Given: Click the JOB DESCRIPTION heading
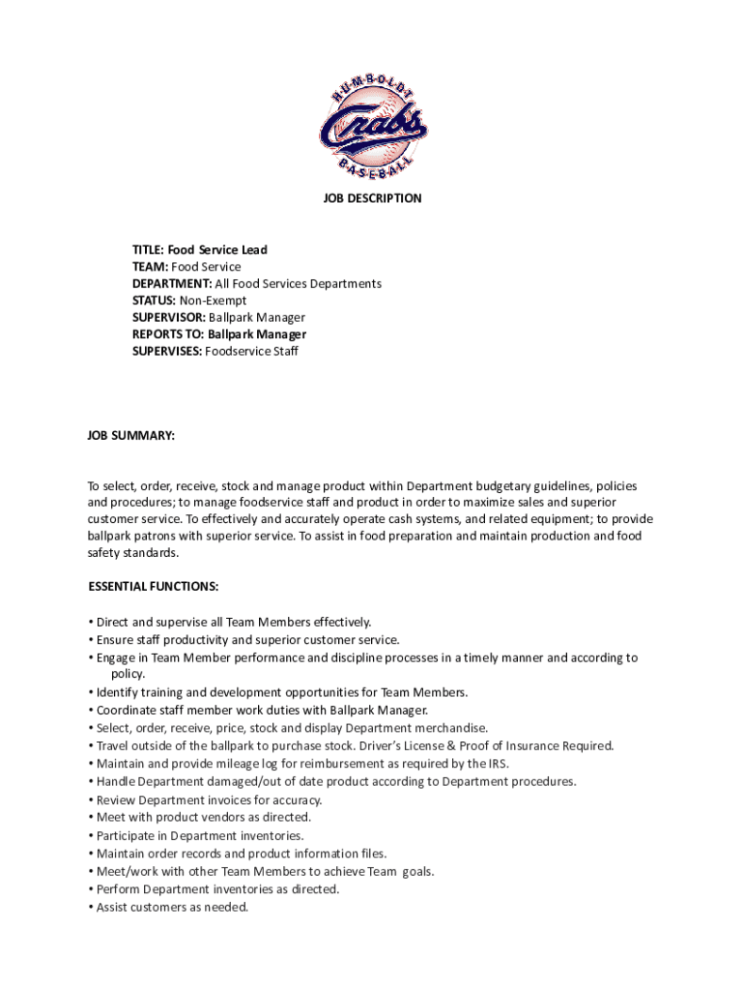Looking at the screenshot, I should (372, 198).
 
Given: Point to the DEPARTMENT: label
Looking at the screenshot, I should (172, 283).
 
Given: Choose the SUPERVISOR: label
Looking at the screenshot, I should (168, 317).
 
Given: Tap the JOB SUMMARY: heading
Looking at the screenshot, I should (131, 436).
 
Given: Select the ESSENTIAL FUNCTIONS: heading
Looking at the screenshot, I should (153, 586).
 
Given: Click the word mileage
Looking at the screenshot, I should (234, 764).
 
